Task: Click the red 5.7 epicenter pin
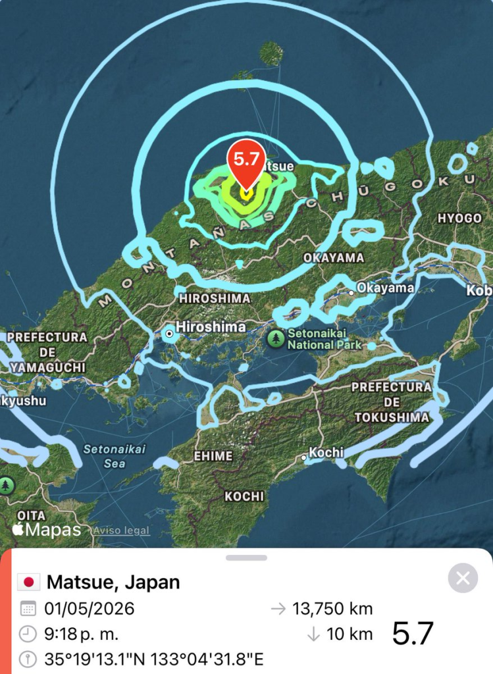coord(246,161)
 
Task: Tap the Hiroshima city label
coord(211,327)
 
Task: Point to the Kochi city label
coord(326,452)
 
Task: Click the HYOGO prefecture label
coord(459,218)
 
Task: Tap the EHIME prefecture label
coord(213,456)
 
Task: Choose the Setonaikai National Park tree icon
coord(276,339)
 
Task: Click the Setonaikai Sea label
coord(105,456)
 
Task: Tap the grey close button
coord(463,579)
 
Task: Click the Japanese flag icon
coord(28,582)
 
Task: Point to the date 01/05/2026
coord(89,609)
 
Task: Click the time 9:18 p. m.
coord(82,635)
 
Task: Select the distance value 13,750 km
coord(332,609)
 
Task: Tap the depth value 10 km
coord(350,635)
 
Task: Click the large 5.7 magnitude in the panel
coord(413,634)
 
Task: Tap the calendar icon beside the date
coord(28,609)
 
